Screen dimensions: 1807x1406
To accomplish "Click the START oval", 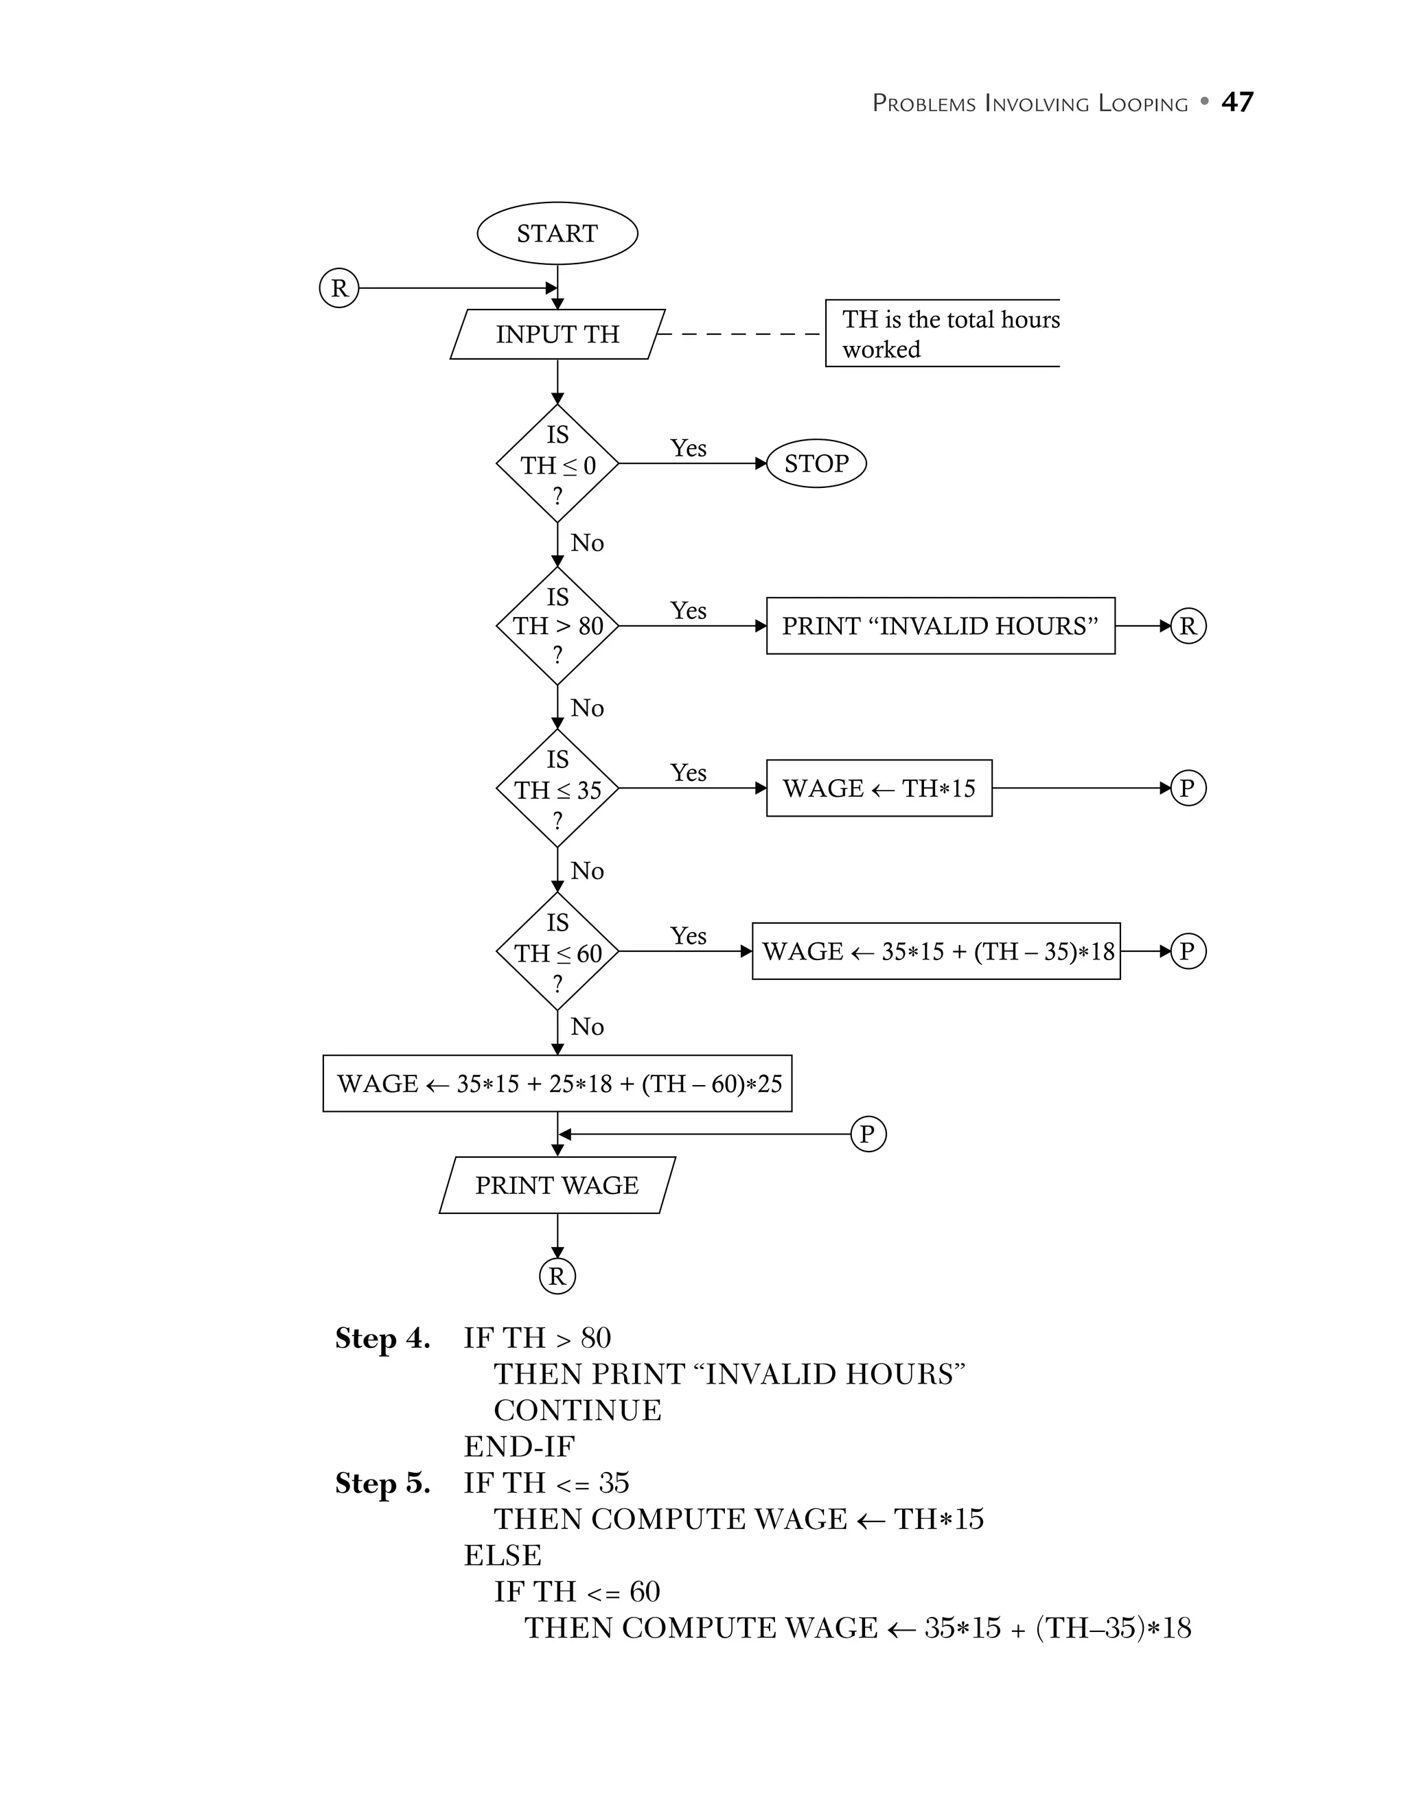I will click(557, 233).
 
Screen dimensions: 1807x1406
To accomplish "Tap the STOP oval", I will click(816, 463).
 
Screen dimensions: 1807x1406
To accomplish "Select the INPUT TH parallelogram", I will click(557, 334).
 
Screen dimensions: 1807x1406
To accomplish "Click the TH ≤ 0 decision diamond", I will click(557, 464).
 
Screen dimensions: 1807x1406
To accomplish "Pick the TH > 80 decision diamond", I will click(557, 625).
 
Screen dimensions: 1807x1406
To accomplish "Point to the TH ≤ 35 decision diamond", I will click(557, 789).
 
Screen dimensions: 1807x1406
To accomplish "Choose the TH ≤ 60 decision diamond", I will click(557, 951).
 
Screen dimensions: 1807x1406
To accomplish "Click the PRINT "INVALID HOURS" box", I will click(940, 625).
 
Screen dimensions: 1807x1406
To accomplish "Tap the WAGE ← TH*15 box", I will click(879, 789).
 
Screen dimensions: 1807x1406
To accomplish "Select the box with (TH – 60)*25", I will click(557, 1083).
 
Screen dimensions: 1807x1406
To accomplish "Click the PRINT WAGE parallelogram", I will click(557, 1185).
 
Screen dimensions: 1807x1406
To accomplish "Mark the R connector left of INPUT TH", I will click(339, 288).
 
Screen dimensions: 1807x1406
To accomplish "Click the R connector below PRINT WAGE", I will click(557, 1276).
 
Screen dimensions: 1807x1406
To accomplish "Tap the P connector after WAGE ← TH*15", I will click(1188, 789).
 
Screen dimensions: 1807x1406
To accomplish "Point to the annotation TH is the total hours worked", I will click(950, 334).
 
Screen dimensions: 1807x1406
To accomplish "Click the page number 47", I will click(1236, 102).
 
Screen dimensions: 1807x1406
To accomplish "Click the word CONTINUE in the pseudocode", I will click(577, 1411).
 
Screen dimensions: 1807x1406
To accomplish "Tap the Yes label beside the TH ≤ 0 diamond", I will click(689, 448).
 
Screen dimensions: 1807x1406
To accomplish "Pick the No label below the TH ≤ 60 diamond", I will click(588, 1027).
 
